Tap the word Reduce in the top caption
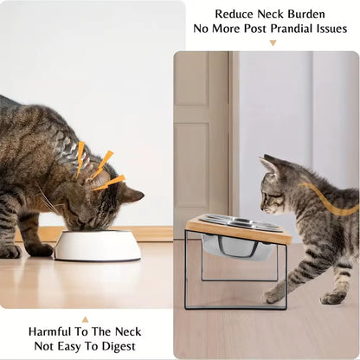click(235, 14)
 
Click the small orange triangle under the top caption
click(273, 42)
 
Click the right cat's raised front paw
click(275, 295)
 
